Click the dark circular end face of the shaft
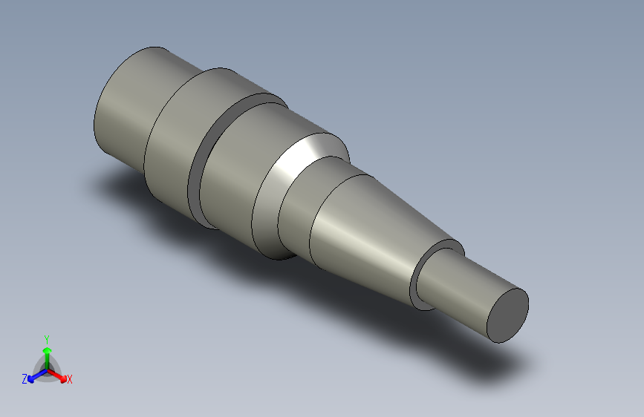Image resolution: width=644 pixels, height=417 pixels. pos(507,315)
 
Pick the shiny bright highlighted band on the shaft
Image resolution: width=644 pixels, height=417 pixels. pos(297,160)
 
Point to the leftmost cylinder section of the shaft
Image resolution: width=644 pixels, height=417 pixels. pos(126,108)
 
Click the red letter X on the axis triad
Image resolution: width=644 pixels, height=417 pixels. pos(70,379)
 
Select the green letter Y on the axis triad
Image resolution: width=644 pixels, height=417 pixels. pos(47,338)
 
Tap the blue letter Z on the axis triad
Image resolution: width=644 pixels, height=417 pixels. pos(25,379)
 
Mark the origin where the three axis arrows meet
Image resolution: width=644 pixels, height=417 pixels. pos(47,369)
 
